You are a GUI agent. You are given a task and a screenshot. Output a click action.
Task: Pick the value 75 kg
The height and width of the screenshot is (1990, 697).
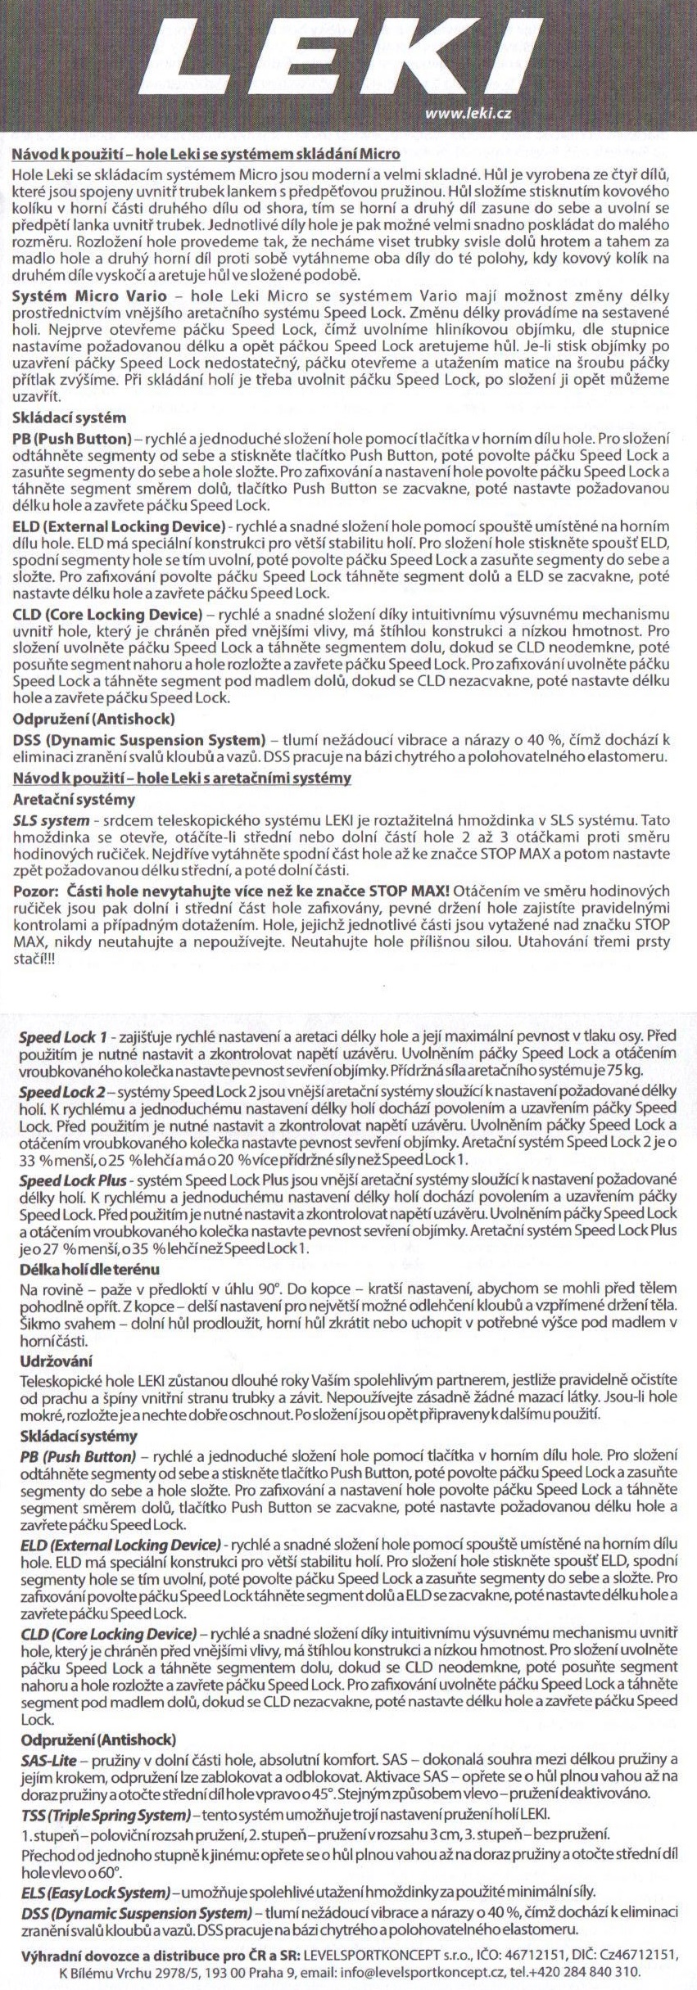[628, 1070]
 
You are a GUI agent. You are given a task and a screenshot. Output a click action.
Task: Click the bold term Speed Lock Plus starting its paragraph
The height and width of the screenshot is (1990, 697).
[73, 1180]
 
